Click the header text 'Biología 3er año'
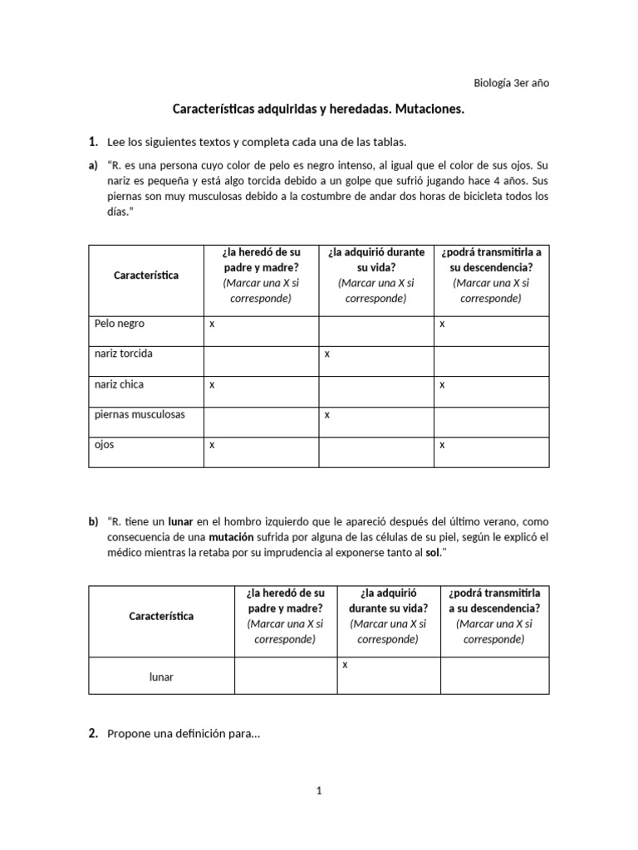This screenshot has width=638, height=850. pyautogui.click(x=511, y=82)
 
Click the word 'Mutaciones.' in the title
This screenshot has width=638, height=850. pyautogui.click(x=428, y=109)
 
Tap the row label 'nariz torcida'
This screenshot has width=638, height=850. pyautogui.click(x=124, y=354)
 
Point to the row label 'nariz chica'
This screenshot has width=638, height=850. pyautogui.click(x=120, y=384)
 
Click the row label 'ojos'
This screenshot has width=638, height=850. pyautogui.click(x=105, y=444)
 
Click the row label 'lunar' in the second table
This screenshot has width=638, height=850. pyautogui.click(x=161, y=677)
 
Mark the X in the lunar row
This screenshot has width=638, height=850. pyautogui.click(x=345, y=665)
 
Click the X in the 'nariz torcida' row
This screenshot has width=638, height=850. pyautogui.click(x=327, y=354)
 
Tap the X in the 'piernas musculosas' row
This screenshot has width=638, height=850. pyautogui.click(x=327, y=415)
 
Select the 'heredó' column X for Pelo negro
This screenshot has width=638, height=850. pyautogui.click(x=212, y=324)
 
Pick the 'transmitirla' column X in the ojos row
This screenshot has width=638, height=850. pyautogui.click(x=442, y=445)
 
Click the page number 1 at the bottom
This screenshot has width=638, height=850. pyautogui.click(x=318, y=791)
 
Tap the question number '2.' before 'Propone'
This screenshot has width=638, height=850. pyautogui.click(x=94, y=733)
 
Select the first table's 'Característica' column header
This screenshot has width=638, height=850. pyautogui.click(x=145, y=275)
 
